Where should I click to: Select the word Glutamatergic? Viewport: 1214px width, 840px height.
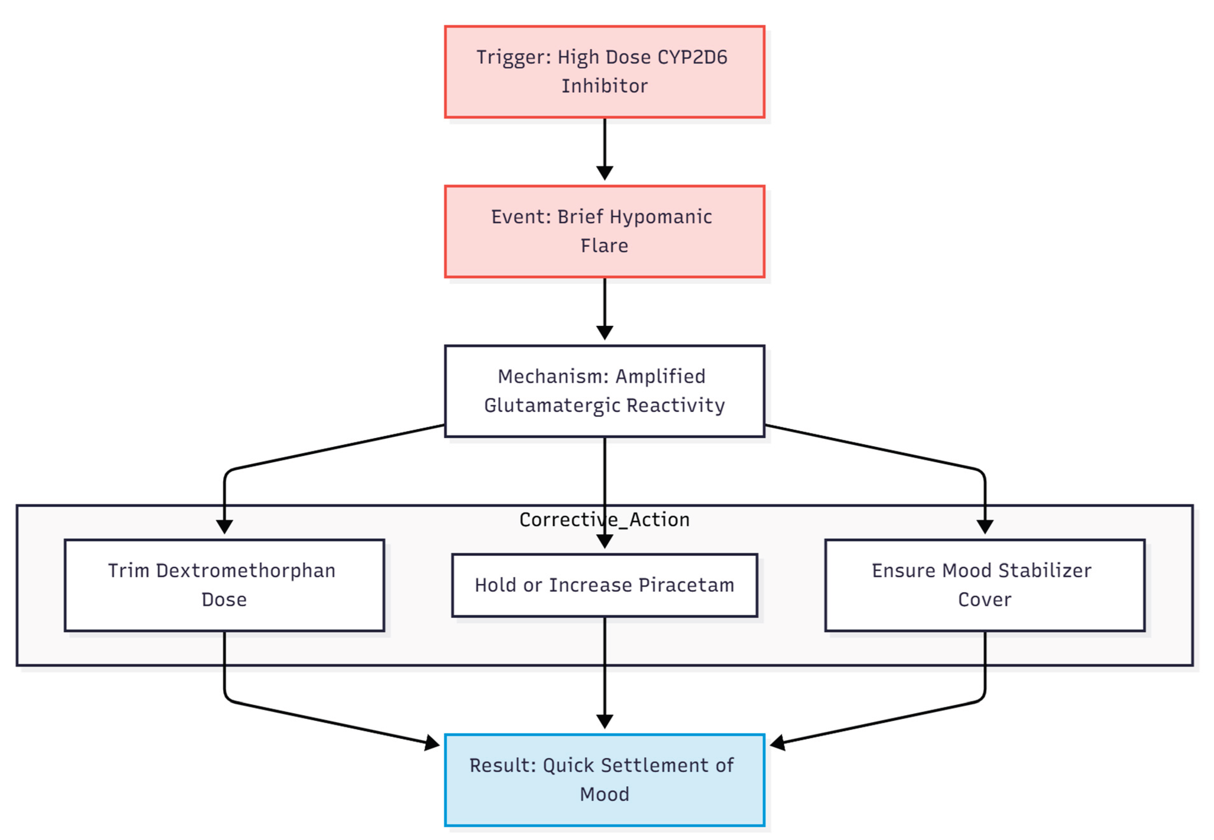pos(552,405)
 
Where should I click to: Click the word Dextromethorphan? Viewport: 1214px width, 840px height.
pos(246,571)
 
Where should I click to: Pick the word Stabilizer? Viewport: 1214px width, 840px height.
pos(1044,571)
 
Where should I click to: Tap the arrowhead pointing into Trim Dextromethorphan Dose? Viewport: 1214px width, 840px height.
pos(224,527)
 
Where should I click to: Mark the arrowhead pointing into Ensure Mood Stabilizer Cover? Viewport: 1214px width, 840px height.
pos(984,527)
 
